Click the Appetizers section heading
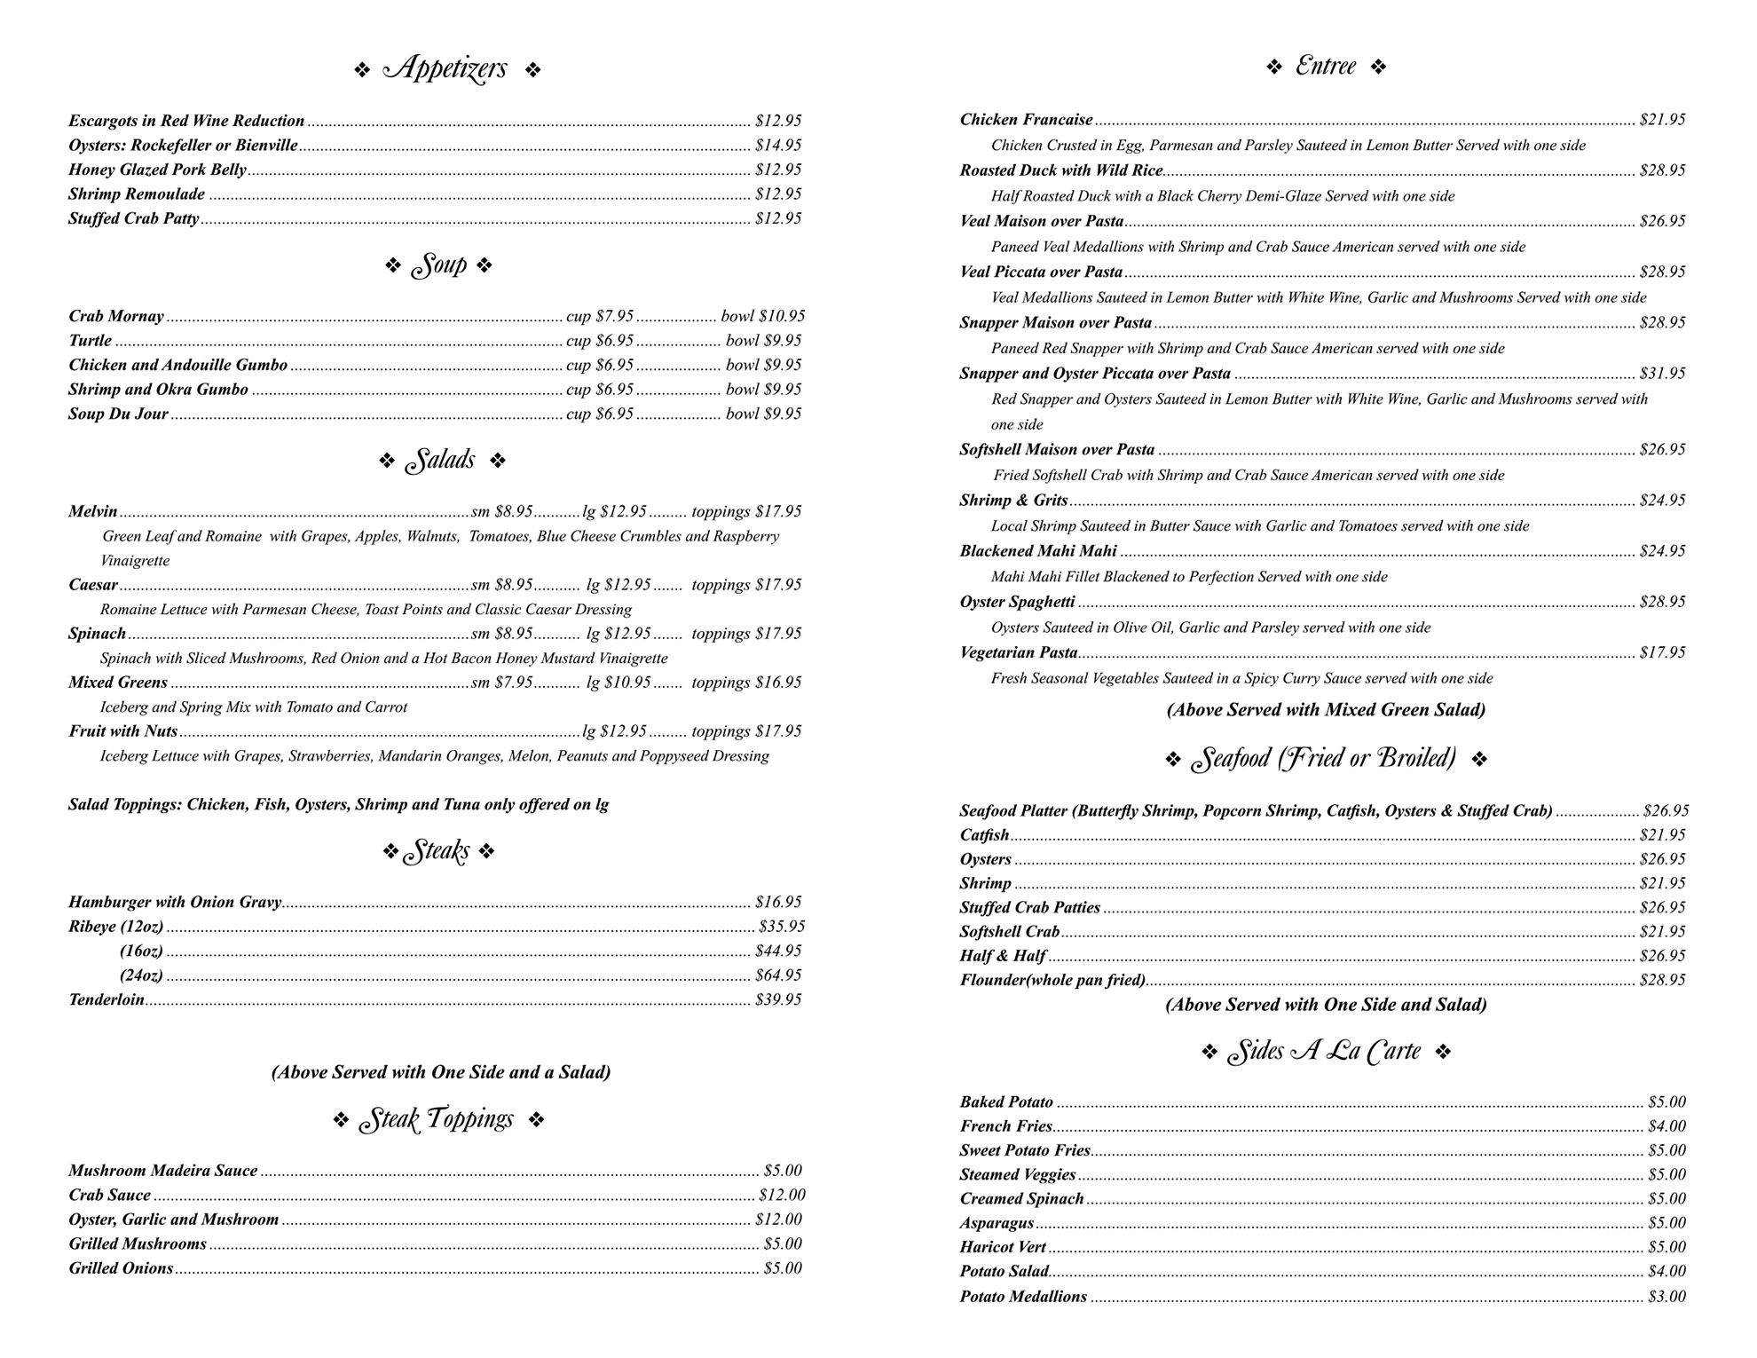tap(446, 68)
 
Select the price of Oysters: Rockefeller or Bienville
tap(778, 145)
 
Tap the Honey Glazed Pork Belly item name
tap(157, 170)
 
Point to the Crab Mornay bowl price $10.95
tap(763, 316)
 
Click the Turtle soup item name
tap(90, 341)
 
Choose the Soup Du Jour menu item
tap(118, 414)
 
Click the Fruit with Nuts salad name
tap(122, 731)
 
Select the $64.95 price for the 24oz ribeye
tap(778, 975)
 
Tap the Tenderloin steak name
tap(106, 999)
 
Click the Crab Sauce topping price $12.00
tap(782, 1195)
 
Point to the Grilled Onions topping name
tap(121, 1268)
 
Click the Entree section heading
tap(1326, 67)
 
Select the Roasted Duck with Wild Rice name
tap(1060, 170)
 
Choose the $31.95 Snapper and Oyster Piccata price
tap(1662, 374)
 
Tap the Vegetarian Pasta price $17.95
tap(1662, 652)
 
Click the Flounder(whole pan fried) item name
tap(1052, 980)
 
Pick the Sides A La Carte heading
tap(1324, 1053)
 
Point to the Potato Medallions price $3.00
tap(1666, 1297)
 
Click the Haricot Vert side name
tap(1003, 1247)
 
